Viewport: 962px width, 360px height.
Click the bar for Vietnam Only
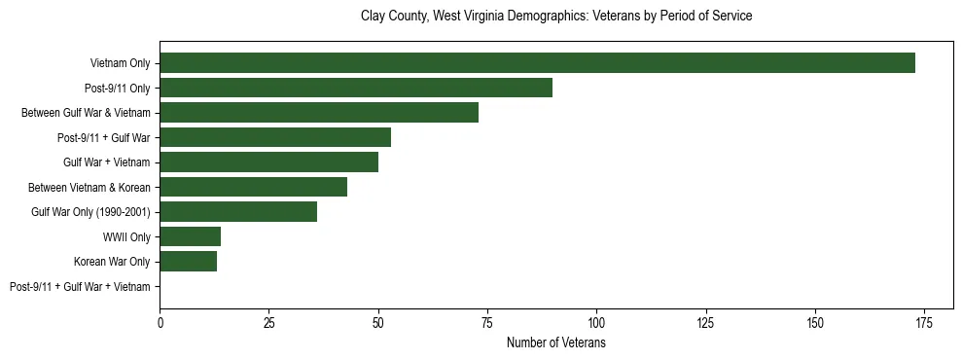click(x=537, y=63)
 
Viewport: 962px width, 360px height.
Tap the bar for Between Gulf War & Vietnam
click(x=319, y=113)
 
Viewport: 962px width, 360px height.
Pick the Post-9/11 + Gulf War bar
click(x=275, y=137)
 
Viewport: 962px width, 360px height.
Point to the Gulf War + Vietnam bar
click(x=269, y=162)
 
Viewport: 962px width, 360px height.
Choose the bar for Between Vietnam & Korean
click(x=254, y=187)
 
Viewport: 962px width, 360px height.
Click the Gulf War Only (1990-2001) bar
click(x=238, y=212)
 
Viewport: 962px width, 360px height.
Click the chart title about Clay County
click(x=556, y=17)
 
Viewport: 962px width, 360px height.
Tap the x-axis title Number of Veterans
click(x=556, y=342)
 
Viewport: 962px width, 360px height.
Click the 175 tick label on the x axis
click(x=924, y=322)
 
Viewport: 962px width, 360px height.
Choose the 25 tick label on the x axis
click(x=269, y=322)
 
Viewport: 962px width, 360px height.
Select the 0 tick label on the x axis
click(x=160, y=322)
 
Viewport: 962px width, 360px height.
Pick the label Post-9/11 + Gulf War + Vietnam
click(x=80, y=287)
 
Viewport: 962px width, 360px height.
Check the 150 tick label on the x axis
click(x=815, y=322)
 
